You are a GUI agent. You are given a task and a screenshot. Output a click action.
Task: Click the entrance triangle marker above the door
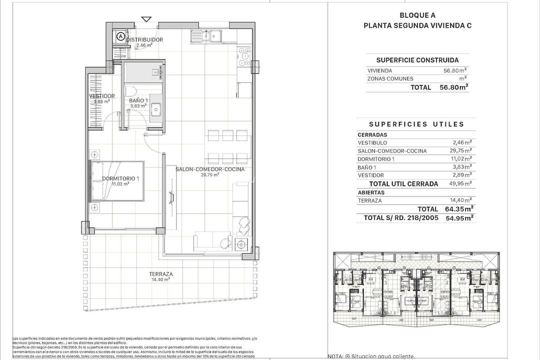tap(146, 19)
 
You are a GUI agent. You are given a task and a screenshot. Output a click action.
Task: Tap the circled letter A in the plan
tap(120, 36)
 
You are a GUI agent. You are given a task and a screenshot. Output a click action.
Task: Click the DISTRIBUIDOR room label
tap(144, 39)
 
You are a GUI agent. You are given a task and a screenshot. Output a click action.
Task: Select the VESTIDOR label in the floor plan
tap(101, 96)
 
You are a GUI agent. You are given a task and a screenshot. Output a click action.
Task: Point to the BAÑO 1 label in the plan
tap(138, 100)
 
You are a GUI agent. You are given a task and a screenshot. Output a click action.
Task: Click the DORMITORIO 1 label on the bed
tap(120, 178)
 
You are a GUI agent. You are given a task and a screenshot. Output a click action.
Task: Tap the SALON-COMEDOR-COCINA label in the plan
tap(210, 169)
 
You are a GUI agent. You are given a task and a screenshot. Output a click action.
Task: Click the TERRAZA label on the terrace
tap(161, 274)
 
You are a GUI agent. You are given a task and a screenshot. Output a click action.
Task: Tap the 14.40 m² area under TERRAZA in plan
tap(161, 280)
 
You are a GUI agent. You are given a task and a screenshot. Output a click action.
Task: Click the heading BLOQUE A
tap(417, 15)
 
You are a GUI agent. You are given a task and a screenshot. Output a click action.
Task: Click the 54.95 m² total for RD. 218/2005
tap(460, 217)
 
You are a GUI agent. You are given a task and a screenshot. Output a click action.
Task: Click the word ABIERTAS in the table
tap(371, 192)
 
